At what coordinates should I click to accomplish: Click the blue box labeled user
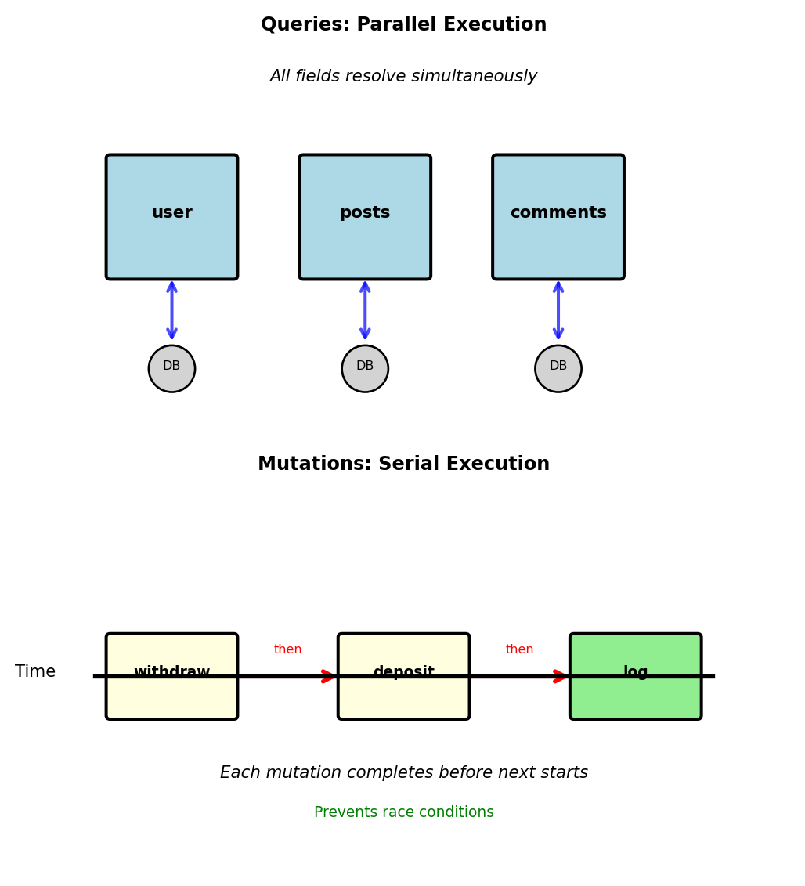click(171, 217)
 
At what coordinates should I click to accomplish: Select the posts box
click(365, 217)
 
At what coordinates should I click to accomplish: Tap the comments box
click(558, 217)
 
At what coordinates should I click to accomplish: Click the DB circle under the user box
click(171, 369)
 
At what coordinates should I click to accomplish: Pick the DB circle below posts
click(365, 369)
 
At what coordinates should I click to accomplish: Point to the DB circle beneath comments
click(558, 369)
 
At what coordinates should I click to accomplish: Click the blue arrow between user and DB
click(171, 311)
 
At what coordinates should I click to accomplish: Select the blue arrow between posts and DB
click(365, 311)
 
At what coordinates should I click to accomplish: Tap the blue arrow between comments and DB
click(558, 311)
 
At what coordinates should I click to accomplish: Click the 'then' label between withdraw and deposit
click(287, 649)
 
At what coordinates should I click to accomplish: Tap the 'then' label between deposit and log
click(519, 649)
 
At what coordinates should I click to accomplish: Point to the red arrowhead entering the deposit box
click(329, 676)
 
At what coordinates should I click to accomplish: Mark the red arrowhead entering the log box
click(561, 676)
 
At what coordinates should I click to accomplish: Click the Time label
click(35, 672)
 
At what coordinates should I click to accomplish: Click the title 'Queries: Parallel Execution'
click(403, 25)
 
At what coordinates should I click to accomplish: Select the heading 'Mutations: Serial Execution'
click(403, 465)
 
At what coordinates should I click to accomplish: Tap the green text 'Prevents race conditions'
click(403, 812)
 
